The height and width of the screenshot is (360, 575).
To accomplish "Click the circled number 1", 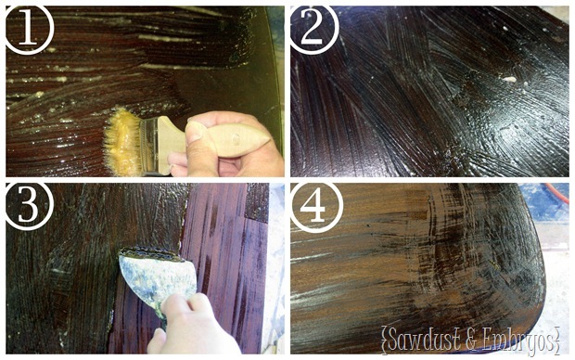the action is coord(30,29).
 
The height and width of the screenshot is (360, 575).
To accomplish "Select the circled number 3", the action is coord(29,205).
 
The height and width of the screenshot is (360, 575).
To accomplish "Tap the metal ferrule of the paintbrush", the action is coord(149,145).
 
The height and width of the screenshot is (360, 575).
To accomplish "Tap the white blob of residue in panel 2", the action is coord(510,79).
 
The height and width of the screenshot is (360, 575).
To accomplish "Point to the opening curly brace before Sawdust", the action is coord(384,341).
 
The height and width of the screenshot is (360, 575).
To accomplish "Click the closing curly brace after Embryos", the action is coord(557,341).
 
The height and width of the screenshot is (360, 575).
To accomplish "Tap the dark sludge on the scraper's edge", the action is coord(151,254).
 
